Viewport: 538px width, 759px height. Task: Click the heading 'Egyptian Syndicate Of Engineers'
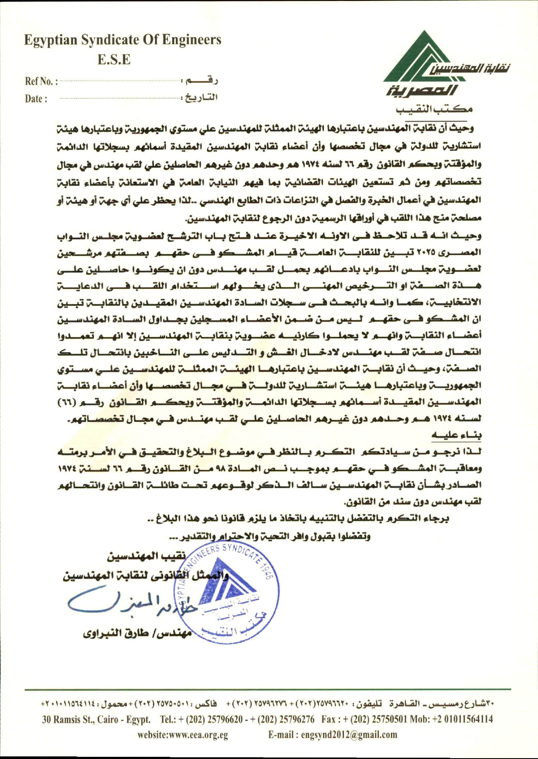[123, 40]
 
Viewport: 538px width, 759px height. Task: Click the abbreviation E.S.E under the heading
[114, 59]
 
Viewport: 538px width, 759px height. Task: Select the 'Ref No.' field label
[40, 81]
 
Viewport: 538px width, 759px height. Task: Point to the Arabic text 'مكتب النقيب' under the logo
[434, 109]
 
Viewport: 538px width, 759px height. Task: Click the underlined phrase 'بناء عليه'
[456, 434]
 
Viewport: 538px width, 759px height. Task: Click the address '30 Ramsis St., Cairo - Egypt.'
[96, 719]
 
